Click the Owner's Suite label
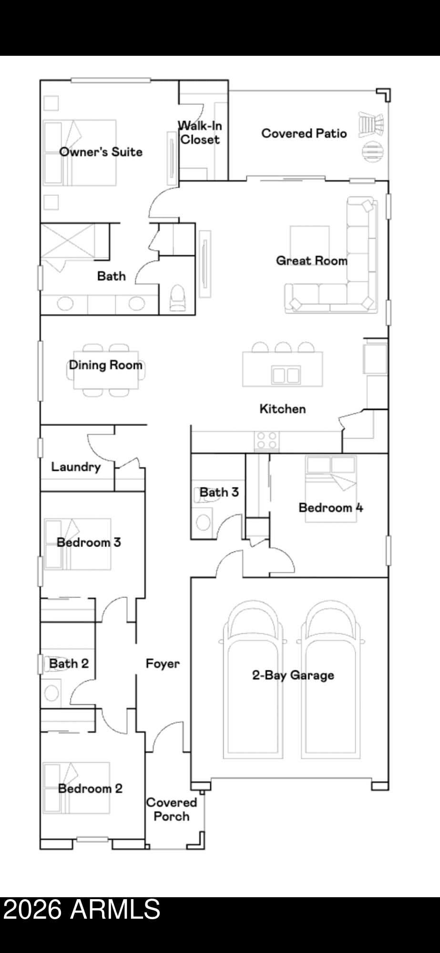101,152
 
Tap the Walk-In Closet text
200,132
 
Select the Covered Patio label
304,133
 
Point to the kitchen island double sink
286,375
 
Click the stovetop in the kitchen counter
266,440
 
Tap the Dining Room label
105,365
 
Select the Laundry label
76,466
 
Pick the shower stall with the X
67,242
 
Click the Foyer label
163,663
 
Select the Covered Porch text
171,809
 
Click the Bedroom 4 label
330,507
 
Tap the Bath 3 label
219,492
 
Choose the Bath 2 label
69,663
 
